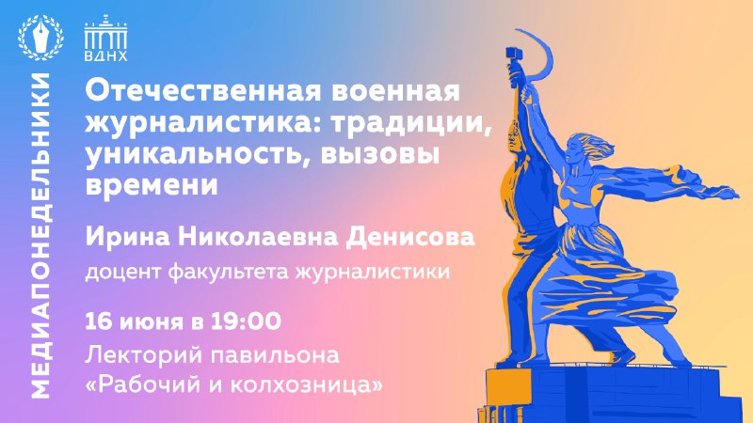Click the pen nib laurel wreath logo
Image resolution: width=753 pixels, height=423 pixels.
(40, 38)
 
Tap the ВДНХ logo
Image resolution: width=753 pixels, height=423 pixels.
(105, 38)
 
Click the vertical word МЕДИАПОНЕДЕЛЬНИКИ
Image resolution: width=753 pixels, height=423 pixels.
(40, 236)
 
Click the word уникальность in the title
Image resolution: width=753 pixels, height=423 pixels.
(198, 154)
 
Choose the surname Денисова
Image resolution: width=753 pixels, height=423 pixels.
(410, 238)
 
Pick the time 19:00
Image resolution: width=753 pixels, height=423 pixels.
(246, 321)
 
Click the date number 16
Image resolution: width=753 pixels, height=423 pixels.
(99, 321)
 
